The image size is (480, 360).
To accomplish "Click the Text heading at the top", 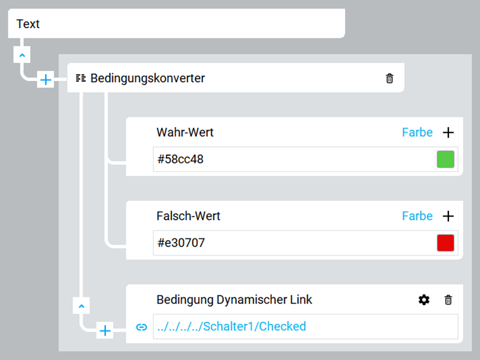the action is [x=28, y=24].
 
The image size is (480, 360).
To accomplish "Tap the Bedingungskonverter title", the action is [x=148, y=79].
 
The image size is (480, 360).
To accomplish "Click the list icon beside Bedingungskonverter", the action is [x=81, y=78].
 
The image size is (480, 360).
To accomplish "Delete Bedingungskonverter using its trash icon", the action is [x=390, y=79].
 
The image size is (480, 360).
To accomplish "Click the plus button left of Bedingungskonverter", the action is [x=46, y=80].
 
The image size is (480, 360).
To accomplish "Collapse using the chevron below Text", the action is [x=21, y=55].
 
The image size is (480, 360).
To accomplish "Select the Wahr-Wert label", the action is [x=185, y=132].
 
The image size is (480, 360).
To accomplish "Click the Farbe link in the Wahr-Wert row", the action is [x=417, y=132].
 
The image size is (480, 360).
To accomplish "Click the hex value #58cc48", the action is [x=180, y=159].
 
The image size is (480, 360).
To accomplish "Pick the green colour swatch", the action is [x=446, y=159].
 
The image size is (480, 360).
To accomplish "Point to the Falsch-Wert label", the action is [x=188, y=216].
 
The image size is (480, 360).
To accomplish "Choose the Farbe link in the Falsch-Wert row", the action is [x=417, y=216].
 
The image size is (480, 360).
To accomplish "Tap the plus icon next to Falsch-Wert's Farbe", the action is [x=448, y=216].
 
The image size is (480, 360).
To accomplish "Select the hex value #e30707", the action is [x=181, y=243].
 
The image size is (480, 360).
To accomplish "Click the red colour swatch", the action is [x=446, y=243].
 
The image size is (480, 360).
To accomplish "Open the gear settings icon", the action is [x=424, y=300].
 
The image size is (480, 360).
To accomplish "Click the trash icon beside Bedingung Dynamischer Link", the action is [x=448, y=300].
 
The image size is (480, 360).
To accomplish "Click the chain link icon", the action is [x=141, y=327].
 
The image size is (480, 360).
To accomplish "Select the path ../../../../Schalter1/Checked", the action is [x=231, y=326].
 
